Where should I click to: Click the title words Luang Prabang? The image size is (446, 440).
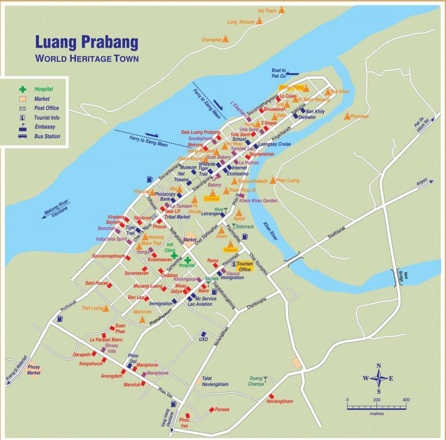pyautogui.click(x=86, y=43)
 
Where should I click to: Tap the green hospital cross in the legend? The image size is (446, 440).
pyautogui.click(x=23, y=89)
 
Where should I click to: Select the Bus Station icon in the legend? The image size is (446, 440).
pyautogui.click(x=22, y=136)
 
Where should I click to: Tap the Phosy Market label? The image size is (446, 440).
pyautogui.click(x=34, y=370)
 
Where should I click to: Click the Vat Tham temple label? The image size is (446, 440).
pyautogui.click(x=268, y=11)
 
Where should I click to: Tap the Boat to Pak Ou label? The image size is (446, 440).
pyautogui.click(x=278, y=73)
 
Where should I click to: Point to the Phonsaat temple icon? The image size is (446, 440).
pyautogui.click(x=347, y=116)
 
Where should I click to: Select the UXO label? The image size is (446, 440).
pyautogui.click(x=203, y=339)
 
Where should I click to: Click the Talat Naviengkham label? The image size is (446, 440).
pyautogui.click(x=215, y=382)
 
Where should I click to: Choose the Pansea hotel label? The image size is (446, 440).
pyautogui.click(x=222, y=410)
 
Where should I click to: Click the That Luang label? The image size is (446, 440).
pyautogui.click(x=92, y=308)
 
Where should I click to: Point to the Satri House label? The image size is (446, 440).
pyautogui.click(x=96, y=283)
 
